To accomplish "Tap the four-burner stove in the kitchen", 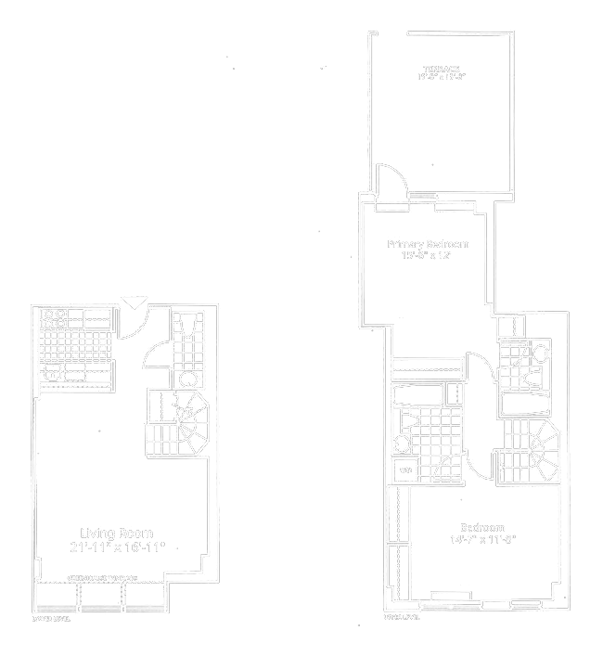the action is pyautogui.click(x=53, y=319).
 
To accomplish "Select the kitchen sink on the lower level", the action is pyautogui.click(x=53, y=372).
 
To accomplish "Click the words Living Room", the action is pyautogui.click(x=116, y=534).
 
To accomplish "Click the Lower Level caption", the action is pyautogui.click(x=52, y=617).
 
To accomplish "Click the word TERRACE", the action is pyautogui.click(x=441, y=70).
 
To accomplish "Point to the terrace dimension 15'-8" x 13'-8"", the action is pyautogui.click(x=441, y=78).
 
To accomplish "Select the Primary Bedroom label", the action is pyautogui.click(x=428, y=244).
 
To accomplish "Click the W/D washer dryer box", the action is pyautogui.click(x=405, y=469).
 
